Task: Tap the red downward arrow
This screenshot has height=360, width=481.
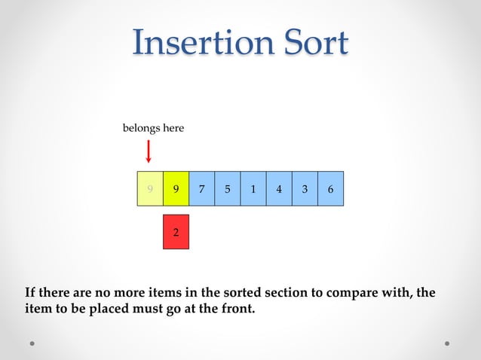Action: click(x=149, y=151)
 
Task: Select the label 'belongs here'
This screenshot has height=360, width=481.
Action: click(x=153, y=129)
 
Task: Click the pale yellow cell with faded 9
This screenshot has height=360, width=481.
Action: click(x=150, y=189)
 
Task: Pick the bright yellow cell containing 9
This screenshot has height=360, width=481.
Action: click(x=176, y=189)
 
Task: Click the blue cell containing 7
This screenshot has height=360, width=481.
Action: click(x=201, y=189)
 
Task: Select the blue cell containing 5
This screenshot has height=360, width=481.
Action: click(x=227, y=189)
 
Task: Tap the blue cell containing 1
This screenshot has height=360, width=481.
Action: click(x=253, y=189)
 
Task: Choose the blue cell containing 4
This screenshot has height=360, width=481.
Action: click(x=279, y=189)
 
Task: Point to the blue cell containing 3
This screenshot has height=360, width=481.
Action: click(x=305, y=189)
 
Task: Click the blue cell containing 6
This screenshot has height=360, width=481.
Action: click(x=330, y=189)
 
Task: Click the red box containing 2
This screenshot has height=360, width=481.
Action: click(x=176, y=232)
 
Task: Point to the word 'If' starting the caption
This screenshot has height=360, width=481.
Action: click(x=30, y=292)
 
